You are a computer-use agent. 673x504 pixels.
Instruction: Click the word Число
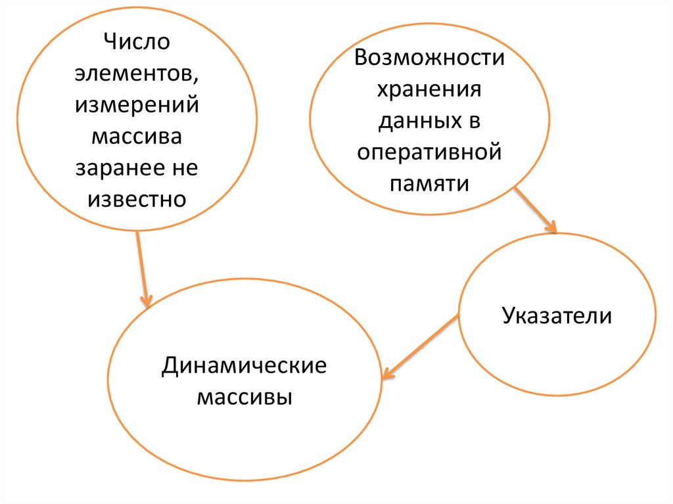(x=136, y=43)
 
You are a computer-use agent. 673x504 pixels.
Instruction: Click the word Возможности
(x=429, y=58)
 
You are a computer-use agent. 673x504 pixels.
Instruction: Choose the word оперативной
(x=429, y=152)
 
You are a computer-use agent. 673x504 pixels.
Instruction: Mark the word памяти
(x=429, y=183)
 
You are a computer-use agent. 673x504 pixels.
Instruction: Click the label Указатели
(x=557, y=316)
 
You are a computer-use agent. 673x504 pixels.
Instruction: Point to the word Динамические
(x=244, y=365)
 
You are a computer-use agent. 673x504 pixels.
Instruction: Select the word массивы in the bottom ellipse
(x=244, y=398)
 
